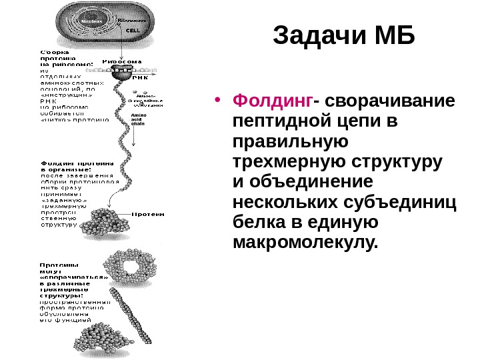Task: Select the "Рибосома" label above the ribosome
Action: click(122, 61)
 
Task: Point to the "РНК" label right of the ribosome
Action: click(141, 77)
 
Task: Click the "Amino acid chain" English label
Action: click(139, 119)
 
